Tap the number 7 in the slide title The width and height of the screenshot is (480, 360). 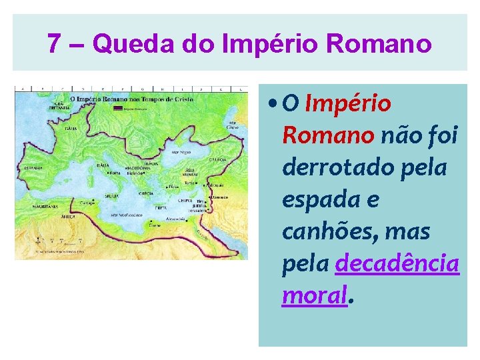click(x=55, y=44)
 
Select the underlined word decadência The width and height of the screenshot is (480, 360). click(x=397, y=264)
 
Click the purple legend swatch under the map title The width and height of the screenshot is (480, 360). click(x=127, y=107)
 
